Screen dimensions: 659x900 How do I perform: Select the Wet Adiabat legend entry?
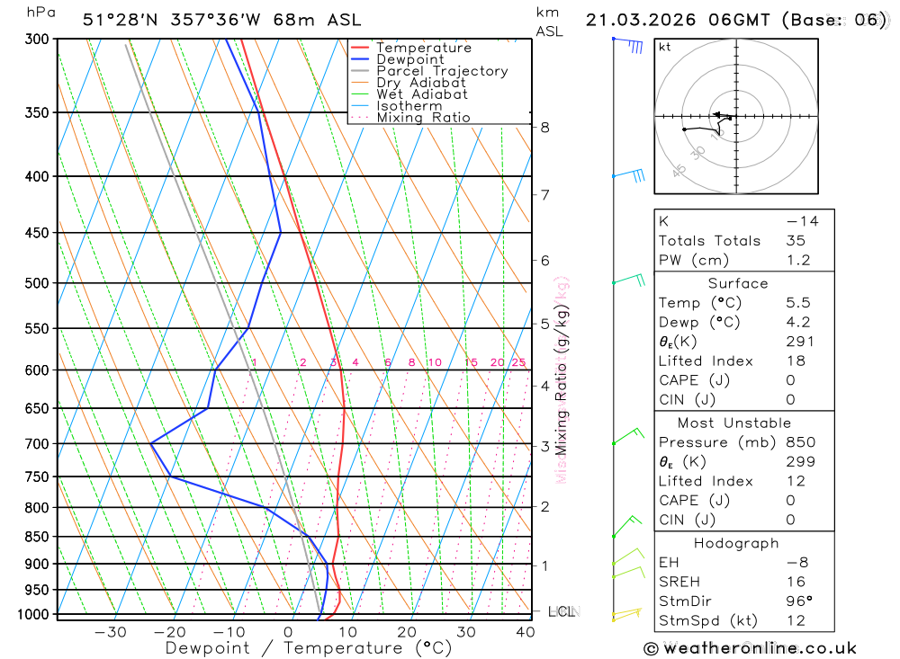pyautogui.click(x=421, y=94)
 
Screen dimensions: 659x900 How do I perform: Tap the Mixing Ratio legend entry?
pyautogui.click(x=423, y=118)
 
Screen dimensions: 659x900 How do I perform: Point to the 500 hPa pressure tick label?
pyautogui.click(x=36, y=283)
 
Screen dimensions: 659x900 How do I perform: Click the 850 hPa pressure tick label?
pyautogui.click(x=36, y=537)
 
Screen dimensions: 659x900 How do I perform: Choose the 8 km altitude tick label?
pyautogui.click(x=545, y=128)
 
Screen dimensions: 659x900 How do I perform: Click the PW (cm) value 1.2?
pyautogui.click(x=798, y=261)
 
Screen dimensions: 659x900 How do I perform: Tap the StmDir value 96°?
pyautogui.click(x=798, y=601)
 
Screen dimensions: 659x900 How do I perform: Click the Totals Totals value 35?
pyautogui.click(x=795, y=241)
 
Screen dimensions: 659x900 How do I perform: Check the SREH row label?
pyautogui.click(x=679, y=582)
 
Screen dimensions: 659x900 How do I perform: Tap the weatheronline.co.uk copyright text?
pyautogui.click(x=750, y=648)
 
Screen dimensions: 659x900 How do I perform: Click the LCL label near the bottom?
pyautogui.click(x=562, y=612)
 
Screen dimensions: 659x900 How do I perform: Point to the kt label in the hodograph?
pyautogui.click(x=665, y=47)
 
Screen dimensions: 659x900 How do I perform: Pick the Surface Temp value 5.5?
pyautogui.click(x=797, y=303)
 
